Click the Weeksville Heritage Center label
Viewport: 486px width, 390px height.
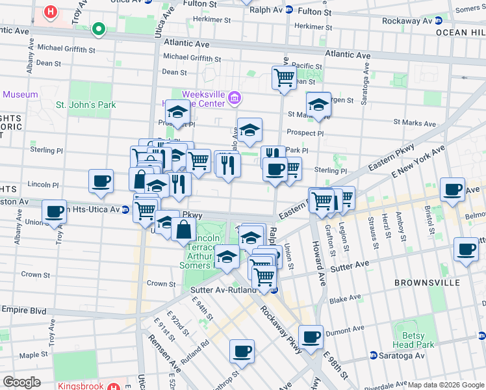(195, 98)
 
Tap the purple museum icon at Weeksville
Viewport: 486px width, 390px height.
(235, 99)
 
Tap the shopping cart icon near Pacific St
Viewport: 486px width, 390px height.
(284, 78)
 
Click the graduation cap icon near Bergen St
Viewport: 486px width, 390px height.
(318, 104)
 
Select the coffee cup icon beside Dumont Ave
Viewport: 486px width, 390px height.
(311, 337)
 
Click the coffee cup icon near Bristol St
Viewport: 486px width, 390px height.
(452, 189)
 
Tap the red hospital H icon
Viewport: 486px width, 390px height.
(50, 12)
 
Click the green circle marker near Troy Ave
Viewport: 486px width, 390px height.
(99, 29)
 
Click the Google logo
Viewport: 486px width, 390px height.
(21, 382)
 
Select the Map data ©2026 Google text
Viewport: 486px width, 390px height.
(446, 385)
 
